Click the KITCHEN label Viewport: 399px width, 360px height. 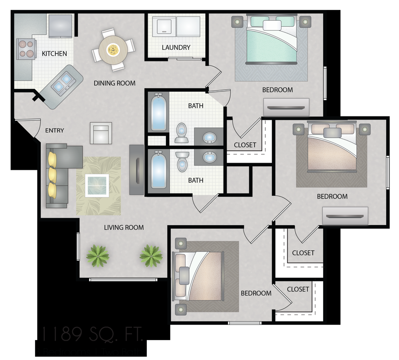pos(54,53)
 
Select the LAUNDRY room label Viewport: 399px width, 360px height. pos(176,47)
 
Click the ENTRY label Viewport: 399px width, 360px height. pos(54,130)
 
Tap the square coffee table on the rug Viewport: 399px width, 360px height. pos(97,185)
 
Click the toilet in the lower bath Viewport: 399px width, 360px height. pos(182,162)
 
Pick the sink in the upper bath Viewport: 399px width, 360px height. pos(209,138)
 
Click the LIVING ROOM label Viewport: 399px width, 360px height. pos(124,228)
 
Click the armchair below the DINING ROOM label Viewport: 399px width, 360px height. pos(101,133)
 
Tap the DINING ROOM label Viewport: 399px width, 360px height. pos(115,83)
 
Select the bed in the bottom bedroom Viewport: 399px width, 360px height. pos(198,275)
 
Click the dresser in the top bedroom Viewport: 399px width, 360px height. pos(286,107)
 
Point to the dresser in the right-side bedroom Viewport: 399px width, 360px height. pos(345,216)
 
